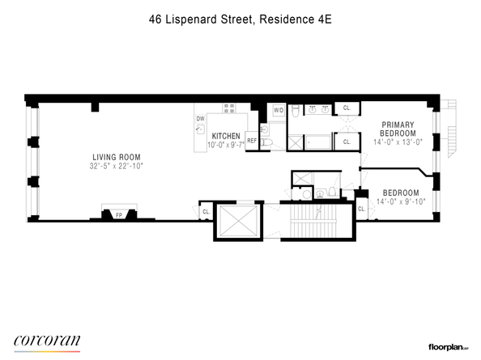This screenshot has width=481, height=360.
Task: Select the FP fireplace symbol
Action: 118,215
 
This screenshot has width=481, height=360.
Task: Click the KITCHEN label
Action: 225,136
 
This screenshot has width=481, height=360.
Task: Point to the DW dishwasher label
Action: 199,119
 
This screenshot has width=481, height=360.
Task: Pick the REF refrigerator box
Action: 252,141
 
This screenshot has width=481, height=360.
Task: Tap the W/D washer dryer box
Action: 278,109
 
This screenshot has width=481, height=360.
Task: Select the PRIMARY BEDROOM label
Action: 399,129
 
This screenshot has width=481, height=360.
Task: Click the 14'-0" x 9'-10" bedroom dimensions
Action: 400,201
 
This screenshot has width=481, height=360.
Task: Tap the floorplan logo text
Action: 442,345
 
